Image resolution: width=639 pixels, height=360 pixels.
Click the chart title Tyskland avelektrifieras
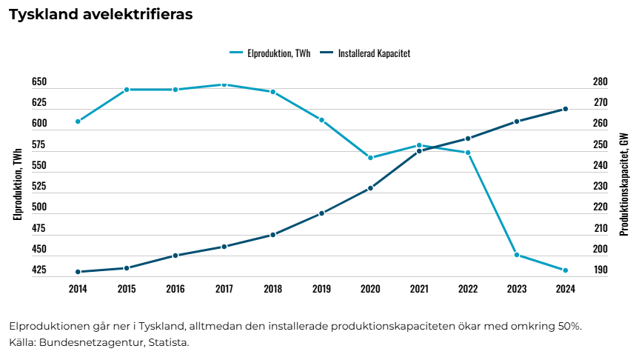(101, 15)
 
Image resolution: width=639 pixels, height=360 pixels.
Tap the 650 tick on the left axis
(39, 82)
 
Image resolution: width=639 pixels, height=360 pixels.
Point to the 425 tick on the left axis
(39, 270)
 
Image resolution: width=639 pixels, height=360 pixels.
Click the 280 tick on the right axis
(600, 82)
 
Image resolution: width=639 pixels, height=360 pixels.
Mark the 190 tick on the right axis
(600, 270)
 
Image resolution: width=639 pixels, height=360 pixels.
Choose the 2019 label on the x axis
(321, 289)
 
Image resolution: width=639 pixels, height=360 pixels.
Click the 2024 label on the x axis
(566, 289)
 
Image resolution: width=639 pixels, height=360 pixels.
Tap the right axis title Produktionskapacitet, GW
(623, 184)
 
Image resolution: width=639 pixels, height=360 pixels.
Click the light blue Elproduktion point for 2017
(224, 84)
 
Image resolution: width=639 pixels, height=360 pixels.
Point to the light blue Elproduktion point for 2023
(517, 255)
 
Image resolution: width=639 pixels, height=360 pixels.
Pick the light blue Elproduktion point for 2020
(370, 158)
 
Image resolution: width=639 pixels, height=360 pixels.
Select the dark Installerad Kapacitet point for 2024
(566, 109)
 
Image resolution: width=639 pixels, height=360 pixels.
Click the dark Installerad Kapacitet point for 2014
(78, 272)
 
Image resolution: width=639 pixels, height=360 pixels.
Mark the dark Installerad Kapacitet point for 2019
(321, 213)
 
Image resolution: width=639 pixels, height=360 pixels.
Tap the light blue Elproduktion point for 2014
(78, 121)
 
